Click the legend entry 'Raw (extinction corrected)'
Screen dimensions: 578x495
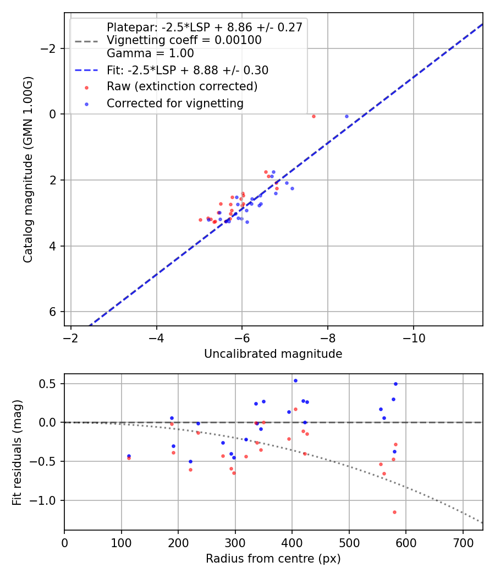point(182,86)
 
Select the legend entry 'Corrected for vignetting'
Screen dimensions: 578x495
point(175,103)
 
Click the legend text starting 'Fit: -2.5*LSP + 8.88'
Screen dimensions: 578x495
point(187,70)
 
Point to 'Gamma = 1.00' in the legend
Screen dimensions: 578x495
point(150,53)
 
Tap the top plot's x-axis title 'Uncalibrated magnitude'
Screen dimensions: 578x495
point(273,354)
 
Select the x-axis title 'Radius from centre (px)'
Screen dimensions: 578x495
point(273,559)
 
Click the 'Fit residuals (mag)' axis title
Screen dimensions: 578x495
point(17,452)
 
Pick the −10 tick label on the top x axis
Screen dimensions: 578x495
point(414,338)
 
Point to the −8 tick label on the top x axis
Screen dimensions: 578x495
point(328,338)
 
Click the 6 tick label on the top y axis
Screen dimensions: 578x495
point(53,312)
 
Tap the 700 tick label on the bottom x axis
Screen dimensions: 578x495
point(463,542)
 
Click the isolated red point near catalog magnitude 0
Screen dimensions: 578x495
point(313,116)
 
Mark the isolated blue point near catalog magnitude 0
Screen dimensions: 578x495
point(346,116)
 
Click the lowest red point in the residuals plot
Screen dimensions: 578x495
point(394,512)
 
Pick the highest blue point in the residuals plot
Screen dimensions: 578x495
point(295,380)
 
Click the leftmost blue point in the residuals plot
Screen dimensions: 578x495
point(129,456)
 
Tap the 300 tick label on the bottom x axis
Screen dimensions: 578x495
point(235,542)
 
